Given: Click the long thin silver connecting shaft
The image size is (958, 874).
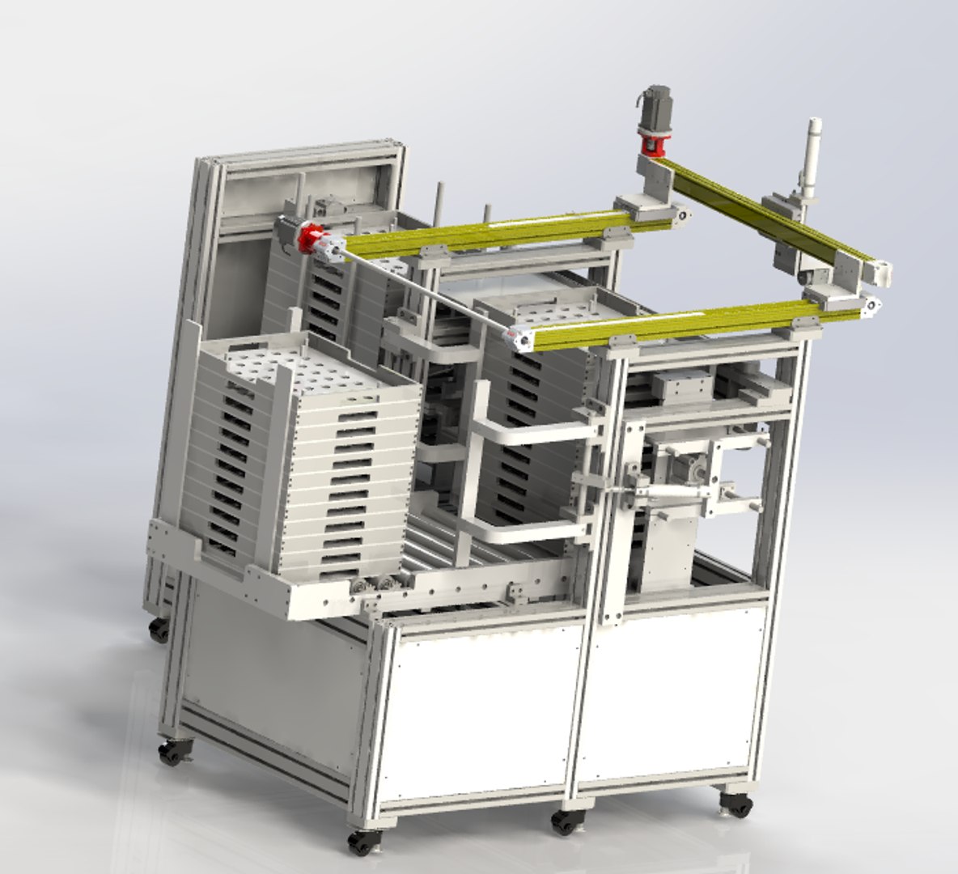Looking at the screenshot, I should (421, 291).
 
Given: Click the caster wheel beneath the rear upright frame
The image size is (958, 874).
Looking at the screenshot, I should (160, 629).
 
